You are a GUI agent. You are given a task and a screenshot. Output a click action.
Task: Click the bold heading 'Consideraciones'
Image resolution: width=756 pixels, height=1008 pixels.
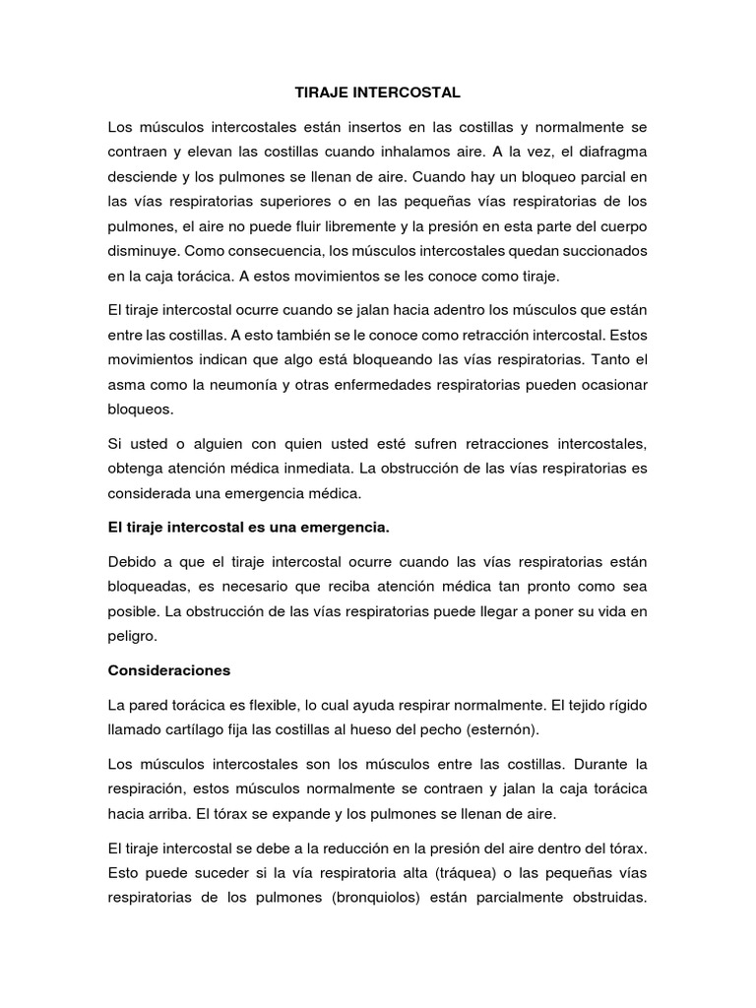click(168, 670)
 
